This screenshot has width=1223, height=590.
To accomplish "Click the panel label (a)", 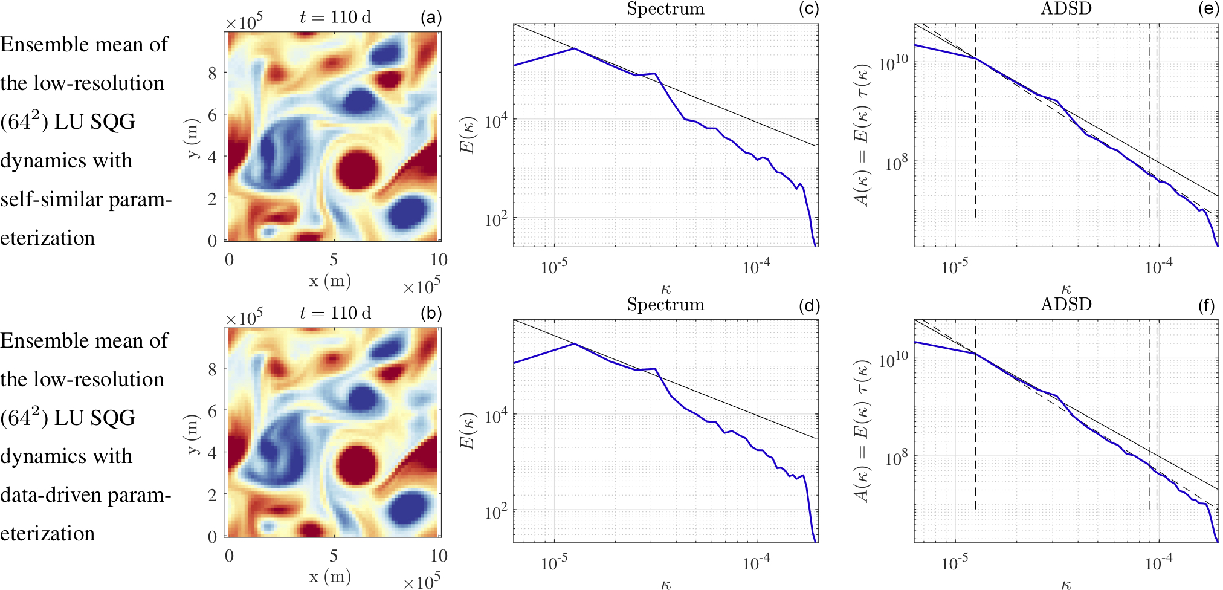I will click(x=431, y=18).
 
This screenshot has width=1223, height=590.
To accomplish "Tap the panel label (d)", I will click(x=809, y=306).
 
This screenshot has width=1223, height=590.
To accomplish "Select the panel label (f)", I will click(x=1206, y=306).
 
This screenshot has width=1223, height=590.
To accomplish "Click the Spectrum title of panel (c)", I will click(x=665, y=9).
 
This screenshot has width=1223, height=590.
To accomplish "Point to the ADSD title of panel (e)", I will click(x=1066, y=8).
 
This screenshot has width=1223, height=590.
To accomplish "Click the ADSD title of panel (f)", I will click(x=1066, y=304).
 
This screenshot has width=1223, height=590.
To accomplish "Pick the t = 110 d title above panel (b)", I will click(x=335, y=313).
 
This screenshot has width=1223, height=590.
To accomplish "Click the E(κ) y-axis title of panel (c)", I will click(x=470, y=134).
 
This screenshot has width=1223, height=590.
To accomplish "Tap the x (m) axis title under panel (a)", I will click(x=330, y=281).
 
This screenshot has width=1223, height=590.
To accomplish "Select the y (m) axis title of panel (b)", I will click(x=192, y=433).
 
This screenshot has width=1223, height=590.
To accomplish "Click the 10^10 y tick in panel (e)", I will click(x=893, y=63).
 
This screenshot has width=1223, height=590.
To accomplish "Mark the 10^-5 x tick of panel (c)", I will click(x=553, y=267).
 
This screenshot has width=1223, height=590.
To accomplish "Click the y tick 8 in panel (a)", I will click(x=212, y=74).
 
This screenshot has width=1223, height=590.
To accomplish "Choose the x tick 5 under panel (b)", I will click(x=334, y=556).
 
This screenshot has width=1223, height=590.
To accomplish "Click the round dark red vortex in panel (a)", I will click(x=357, y=171).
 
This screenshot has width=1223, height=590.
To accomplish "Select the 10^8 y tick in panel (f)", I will click(x=897, y=459).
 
